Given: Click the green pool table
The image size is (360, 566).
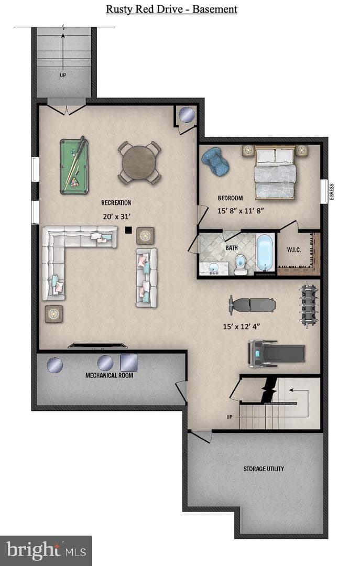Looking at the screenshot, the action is (x=74, y=166).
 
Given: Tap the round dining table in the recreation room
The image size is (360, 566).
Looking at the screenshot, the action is (x=139, y=162).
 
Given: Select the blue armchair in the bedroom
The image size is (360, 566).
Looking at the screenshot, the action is (x=215, y=160).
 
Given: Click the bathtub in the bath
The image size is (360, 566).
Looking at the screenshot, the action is (x=265, y=252).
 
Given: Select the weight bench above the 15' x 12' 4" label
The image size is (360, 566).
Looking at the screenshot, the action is (x=252, y=305).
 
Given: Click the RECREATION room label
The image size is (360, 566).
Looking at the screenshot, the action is (x=116, y=203).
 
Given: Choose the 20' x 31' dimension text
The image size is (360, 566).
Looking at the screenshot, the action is (x=116, y=216).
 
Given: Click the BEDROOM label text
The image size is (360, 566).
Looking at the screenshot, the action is (x=230, y=198).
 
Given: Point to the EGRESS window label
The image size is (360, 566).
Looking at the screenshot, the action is (x=332, y=191).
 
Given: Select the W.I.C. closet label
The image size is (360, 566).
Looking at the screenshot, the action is (x=294, y=250).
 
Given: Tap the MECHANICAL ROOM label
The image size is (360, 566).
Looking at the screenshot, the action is (x=109, y=375).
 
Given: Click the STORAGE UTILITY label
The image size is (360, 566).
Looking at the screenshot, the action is (x=264, y=469).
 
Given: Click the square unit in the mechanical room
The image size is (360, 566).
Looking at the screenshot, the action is (x=129, y=363).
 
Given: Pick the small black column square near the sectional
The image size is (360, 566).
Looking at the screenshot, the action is (x=128, y=230).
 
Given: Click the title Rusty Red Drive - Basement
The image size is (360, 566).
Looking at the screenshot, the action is (x=171, y=9).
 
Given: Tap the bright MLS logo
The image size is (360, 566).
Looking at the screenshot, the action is (x=46, y=550).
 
